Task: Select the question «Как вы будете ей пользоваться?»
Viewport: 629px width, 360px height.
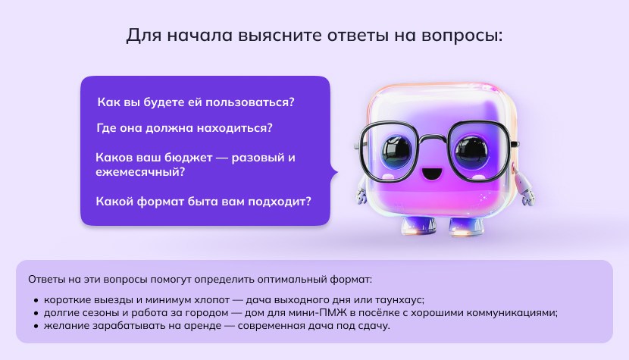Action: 196,102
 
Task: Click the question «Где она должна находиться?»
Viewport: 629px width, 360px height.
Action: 185,127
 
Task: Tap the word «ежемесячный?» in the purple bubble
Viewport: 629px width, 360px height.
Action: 140,172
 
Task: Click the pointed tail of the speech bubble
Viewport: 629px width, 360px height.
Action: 334,173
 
